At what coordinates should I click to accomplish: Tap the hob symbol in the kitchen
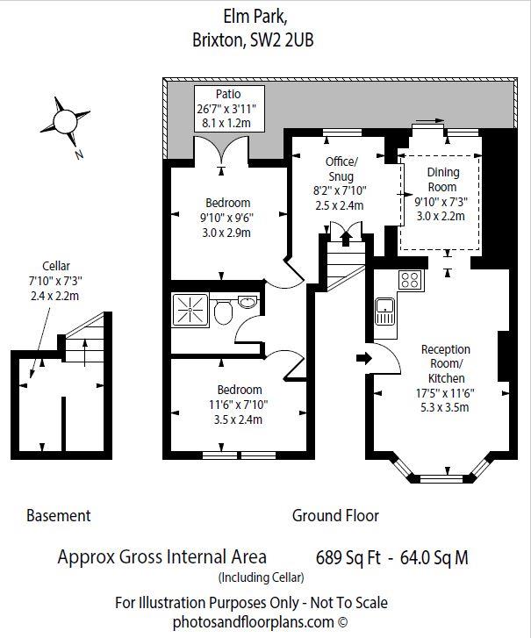point(409,280)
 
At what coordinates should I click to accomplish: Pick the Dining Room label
point(442,180)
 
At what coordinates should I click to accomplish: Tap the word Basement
point(59,516)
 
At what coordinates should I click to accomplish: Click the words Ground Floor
point(335,516)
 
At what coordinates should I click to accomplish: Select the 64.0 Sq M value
point(434,556)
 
